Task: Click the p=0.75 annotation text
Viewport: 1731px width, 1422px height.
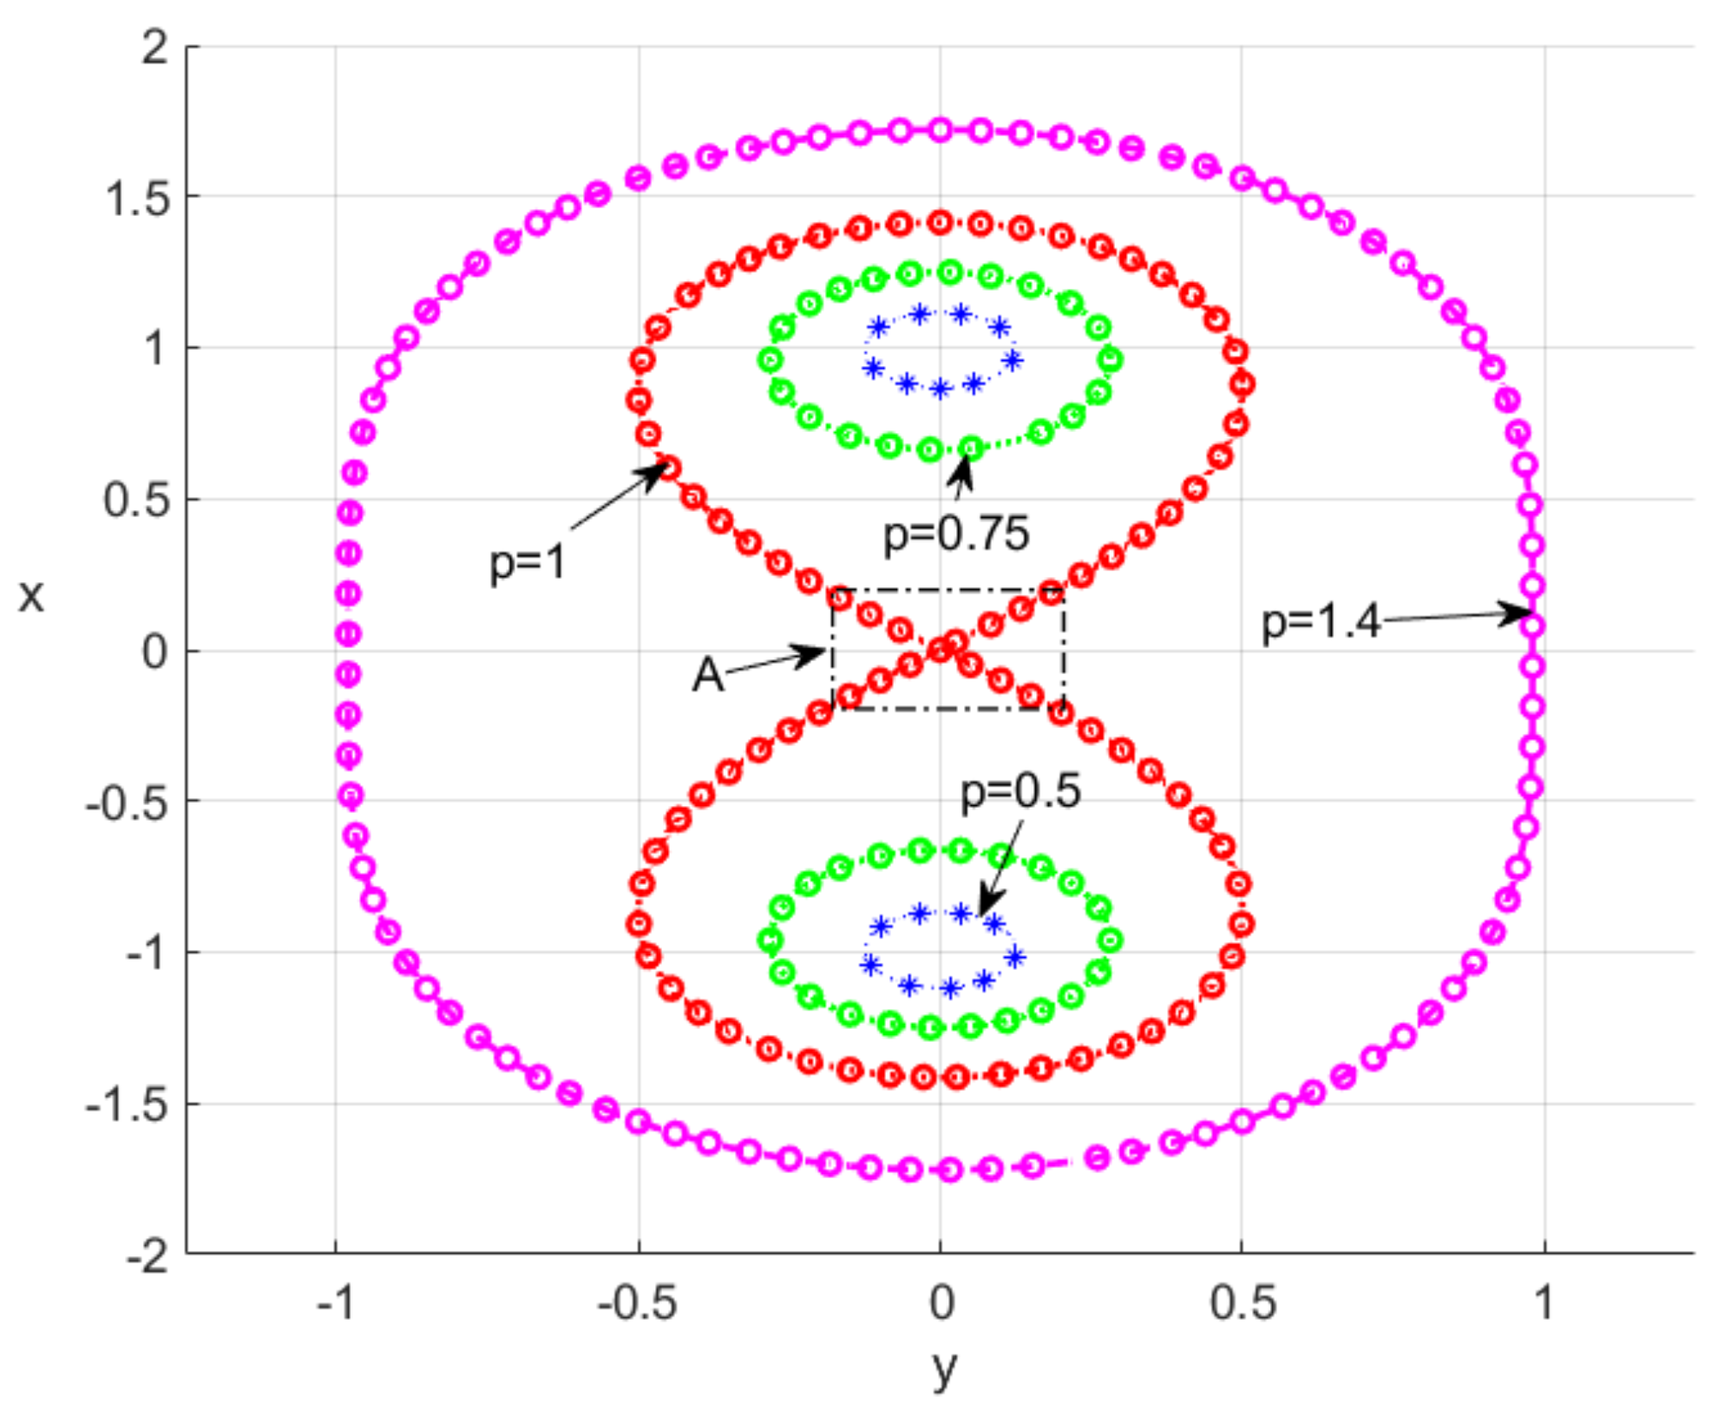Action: pos(955,534)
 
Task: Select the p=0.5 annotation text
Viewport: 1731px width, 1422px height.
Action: pos(1020,791)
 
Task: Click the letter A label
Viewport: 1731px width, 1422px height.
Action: pos(707,675)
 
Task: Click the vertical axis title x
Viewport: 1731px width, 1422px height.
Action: pos(31,597)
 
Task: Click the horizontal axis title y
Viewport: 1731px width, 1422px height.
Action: pos(945,1367)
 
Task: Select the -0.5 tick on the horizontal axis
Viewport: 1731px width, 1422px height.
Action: pos(637,1302)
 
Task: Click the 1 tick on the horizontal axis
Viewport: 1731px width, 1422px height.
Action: pos(1543,1302)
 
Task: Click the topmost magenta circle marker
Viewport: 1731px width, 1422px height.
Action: pos(940,130)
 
